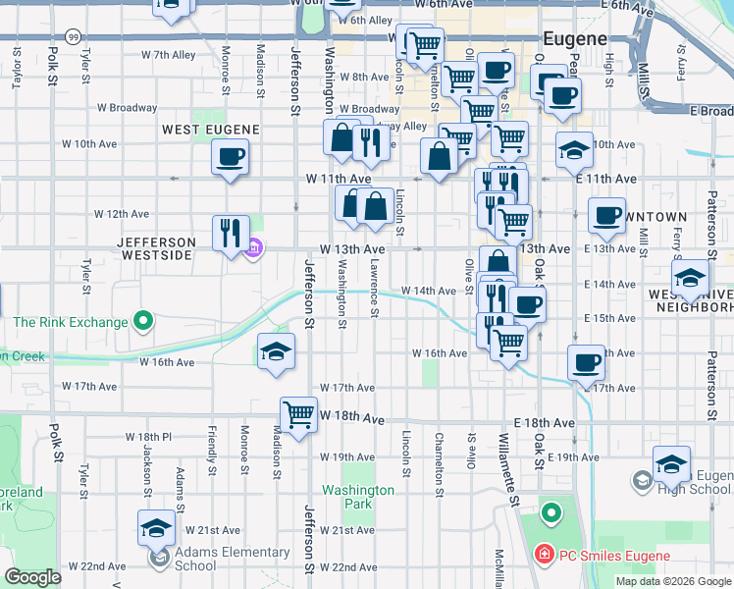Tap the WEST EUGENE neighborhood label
[x=210, y=130]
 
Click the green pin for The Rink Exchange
[x=143, y=321]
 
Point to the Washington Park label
[x=358, y=497]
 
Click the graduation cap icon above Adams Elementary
[x=157, y=529]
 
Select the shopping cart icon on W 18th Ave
[x=298, y=413]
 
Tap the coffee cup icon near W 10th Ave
[x=230, y=157]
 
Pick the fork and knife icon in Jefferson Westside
[x=232, y=234]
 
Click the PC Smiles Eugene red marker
[x=542, y=556]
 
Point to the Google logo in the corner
[x=33, y=577]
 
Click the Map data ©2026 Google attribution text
[x=673, y=581]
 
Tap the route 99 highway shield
[x=74, y=35]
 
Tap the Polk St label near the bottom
[x=55, y=444]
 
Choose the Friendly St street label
[x=212, y=449]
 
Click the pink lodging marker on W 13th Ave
[x=254, y=247]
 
